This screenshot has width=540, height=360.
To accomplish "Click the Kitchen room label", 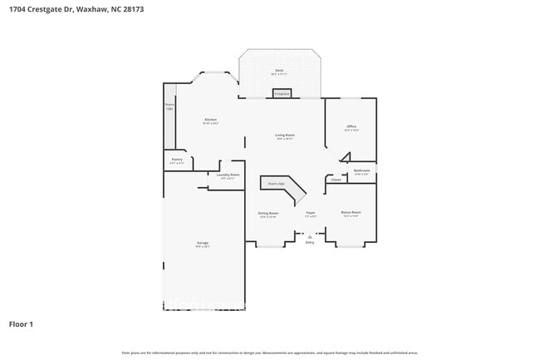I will (210, 121).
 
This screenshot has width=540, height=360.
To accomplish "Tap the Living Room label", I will (286, 135).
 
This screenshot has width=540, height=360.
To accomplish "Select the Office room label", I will (351, 126).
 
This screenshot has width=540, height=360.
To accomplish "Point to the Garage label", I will (202, 243).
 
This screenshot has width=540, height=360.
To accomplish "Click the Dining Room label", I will (268, 213).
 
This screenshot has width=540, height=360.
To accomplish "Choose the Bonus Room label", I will (351, 212).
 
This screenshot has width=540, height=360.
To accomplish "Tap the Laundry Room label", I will (228, 175).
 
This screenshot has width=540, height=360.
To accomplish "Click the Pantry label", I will (177, 159).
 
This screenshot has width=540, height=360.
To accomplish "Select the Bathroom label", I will (361, 170).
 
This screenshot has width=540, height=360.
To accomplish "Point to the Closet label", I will (336, 179).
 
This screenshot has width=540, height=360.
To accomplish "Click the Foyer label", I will (310, 213).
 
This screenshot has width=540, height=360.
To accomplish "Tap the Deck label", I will (279, 71).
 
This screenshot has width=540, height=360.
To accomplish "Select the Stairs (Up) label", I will (276, 183).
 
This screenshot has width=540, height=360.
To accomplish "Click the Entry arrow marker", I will (310, 237).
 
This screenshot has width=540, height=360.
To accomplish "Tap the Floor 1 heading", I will (21, 323).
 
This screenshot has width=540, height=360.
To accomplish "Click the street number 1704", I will (17, 9).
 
